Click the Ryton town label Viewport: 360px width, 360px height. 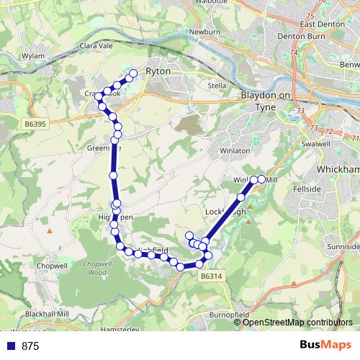157,72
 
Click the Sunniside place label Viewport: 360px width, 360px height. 345,246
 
